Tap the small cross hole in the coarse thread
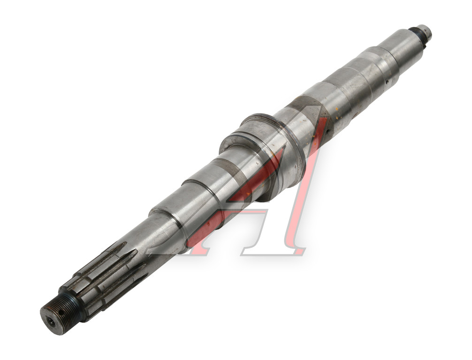[61, 313]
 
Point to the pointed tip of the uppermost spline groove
[126, 242]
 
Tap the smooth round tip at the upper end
[426, 32]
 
